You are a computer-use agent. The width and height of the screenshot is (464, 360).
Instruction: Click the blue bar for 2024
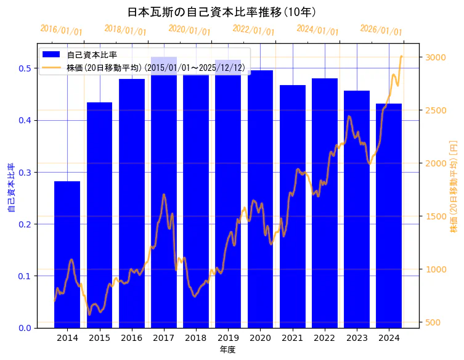(389, 215)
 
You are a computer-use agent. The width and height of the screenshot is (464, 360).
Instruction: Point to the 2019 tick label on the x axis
(228, 338)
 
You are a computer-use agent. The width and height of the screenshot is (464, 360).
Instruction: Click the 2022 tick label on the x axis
(325, 338)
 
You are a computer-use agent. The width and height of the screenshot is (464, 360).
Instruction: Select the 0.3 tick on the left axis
(24, 172)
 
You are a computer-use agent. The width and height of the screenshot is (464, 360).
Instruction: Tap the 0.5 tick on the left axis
(24, 68)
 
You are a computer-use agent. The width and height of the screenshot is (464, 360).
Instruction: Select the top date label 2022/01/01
(253, 30)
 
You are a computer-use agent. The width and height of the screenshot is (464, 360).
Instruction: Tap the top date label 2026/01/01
(381, 30)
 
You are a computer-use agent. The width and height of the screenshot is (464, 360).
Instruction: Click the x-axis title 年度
(228, 350)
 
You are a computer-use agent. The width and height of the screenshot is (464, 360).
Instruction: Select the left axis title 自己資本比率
(11, 188)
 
